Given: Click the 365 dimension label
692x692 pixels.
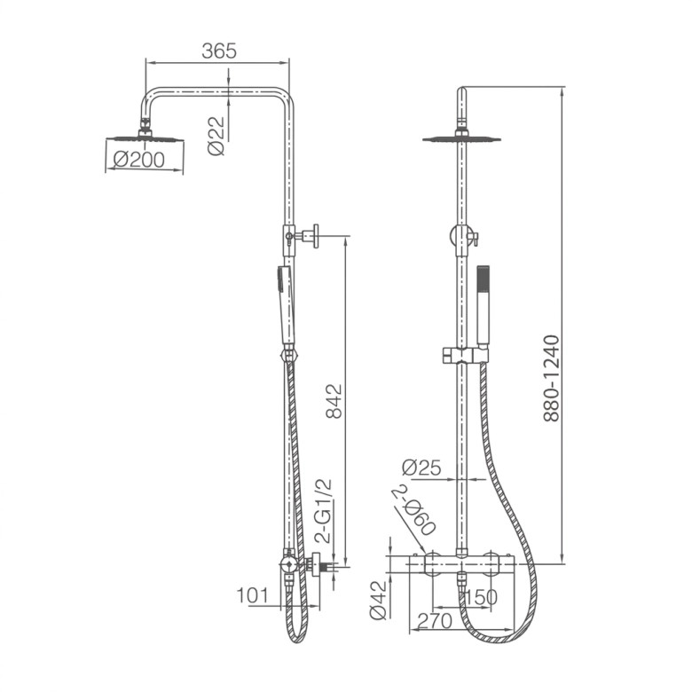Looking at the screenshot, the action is pyautogui.click(x=219, y=51).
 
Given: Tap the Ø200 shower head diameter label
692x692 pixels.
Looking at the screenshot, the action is pyautogui.click(x=138, y=160).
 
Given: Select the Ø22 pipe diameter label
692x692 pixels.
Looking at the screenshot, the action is pyautogui.click(x=216, y=136).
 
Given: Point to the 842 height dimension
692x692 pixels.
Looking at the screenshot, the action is pyautogui.click(x=334, y=401).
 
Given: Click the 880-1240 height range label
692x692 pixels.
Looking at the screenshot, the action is pyautogui.click(x=551, y=379).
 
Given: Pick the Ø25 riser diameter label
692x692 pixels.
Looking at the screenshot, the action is pyautogui.click(x=421, y=468).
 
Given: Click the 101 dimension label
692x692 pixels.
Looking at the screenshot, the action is pyautogui.click(x=253, y=595).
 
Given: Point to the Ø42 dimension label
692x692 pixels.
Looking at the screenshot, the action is pyautogui.click(x=378, y=601).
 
